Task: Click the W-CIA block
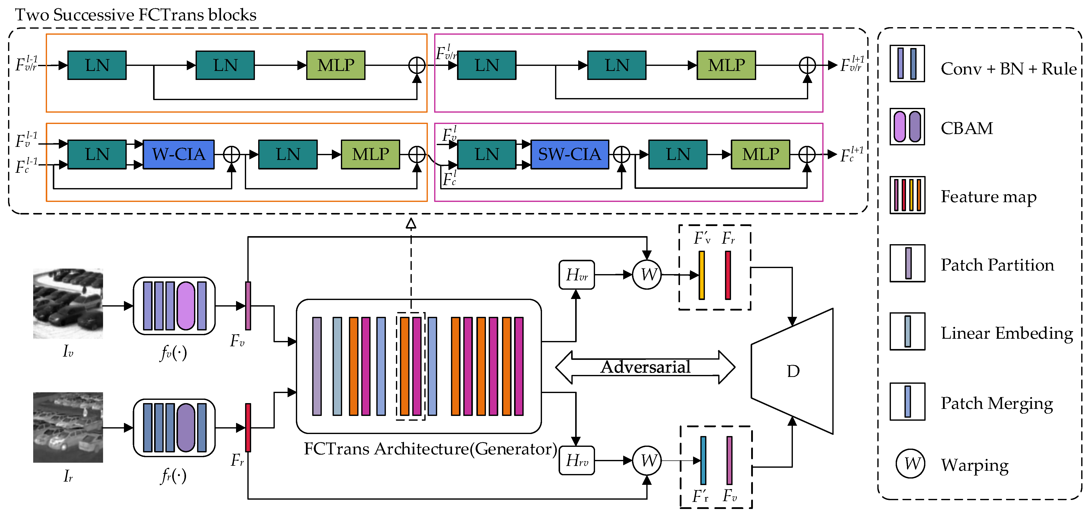coord(178,154)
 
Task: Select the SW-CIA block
coord(569,154)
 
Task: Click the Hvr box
coord(577,275)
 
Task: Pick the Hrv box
coord(577,460)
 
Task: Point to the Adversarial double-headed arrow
coord(645,367)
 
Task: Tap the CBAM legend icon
coord(907,126)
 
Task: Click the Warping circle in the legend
coord(910,464)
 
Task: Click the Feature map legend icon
coord(907,195)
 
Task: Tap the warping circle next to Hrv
coord(647,460)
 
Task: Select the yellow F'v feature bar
coord(701,275)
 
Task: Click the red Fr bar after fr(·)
coord(248,427)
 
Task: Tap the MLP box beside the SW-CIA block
coord(760,154)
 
